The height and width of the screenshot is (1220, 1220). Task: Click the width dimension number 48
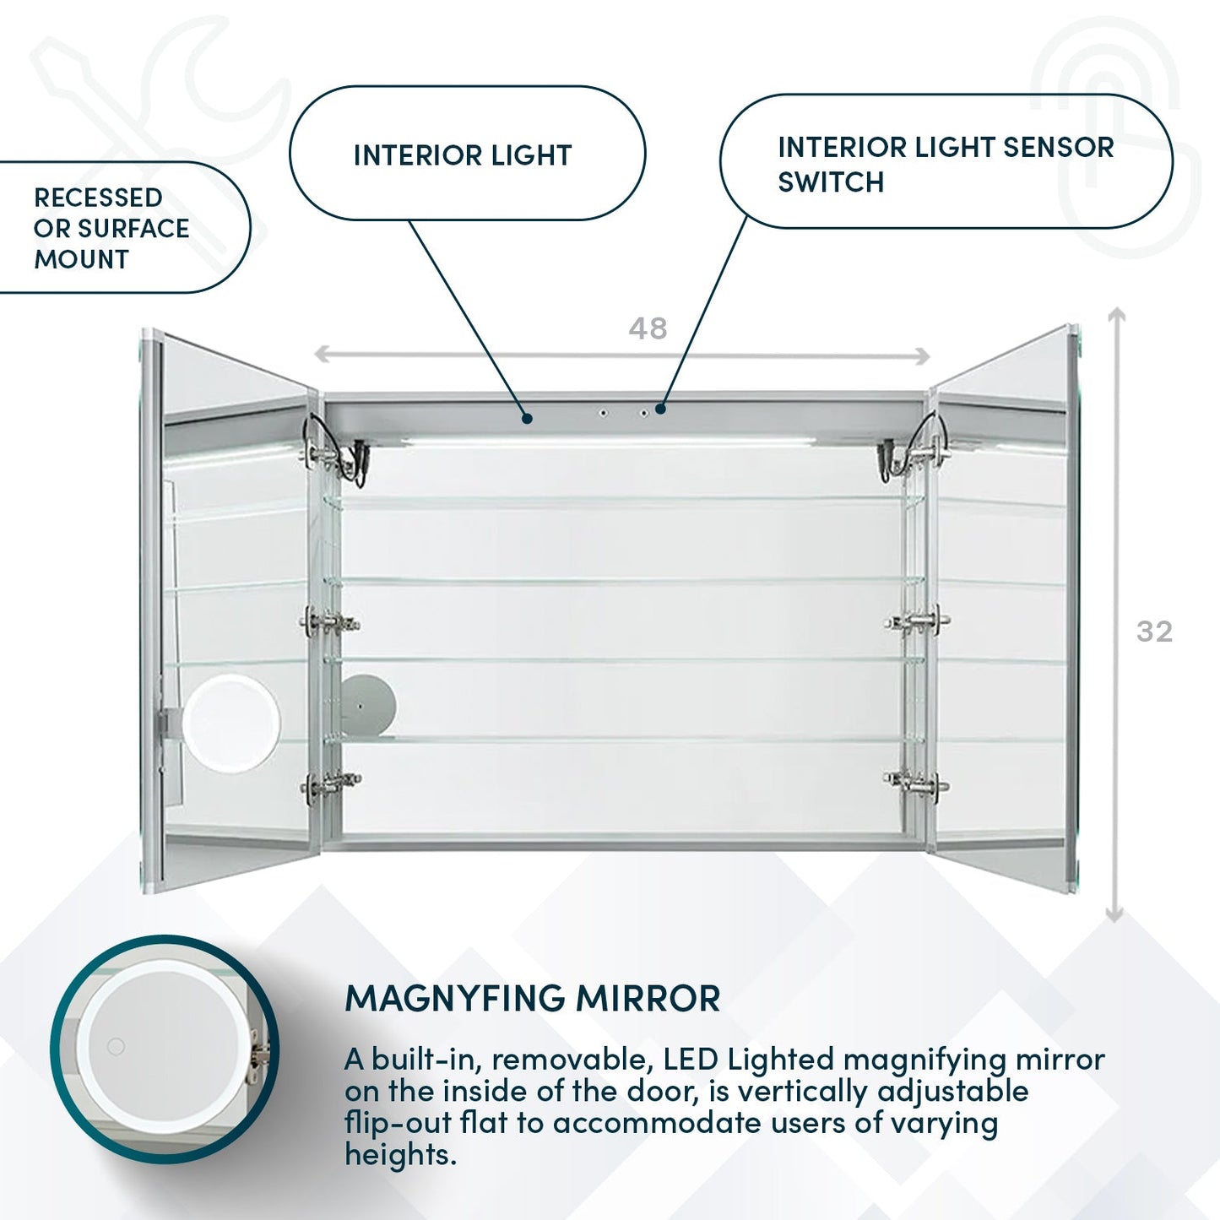pos(648,328)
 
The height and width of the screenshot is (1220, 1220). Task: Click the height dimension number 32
pos(1154,632)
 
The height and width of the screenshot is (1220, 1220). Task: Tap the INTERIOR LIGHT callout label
pos(463,155)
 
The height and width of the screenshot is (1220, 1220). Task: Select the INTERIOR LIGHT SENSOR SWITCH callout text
pos(945,164)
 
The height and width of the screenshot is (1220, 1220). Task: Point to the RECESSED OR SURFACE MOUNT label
pos(110,228)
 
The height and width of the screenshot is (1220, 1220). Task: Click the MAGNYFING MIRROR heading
pos(532,998)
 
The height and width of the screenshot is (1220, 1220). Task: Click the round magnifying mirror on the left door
pos(230,723)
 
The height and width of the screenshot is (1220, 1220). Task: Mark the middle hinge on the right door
pos(917,622)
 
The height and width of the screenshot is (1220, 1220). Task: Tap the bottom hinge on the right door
pos(917,782)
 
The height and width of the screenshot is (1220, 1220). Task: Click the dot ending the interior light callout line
pos(527,417)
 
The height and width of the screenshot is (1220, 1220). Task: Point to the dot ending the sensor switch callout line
pos(660,409)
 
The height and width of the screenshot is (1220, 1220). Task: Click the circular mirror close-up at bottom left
pos(165,1049)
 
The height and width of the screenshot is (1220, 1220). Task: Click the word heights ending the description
pos(399,1154)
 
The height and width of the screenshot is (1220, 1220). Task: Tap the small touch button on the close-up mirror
pos(116,1047)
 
